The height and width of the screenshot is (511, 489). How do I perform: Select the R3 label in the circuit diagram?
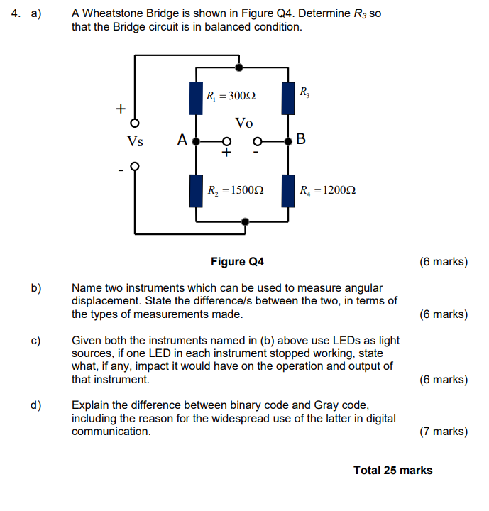(x=304, y=92)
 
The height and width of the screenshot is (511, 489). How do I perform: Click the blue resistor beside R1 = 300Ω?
(x=196, y=99)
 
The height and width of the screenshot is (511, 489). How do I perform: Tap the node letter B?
(x=301, y=139)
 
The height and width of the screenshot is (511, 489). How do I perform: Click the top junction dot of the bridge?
(x=239, y=67)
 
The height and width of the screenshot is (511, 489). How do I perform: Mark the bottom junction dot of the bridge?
(x=245, y=221)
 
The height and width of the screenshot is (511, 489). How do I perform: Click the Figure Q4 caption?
(x=237, y=262)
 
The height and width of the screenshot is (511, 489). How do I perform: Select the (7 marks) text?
(x=444, y=431)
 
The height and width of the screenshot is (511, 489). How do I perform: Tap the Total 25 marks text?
(x=392, y=470)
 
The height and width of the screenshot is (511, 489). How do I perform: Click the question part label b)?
(x=35, y=288)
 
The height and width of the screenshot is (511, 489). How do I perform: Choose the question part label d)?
(x=35, y=405)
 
